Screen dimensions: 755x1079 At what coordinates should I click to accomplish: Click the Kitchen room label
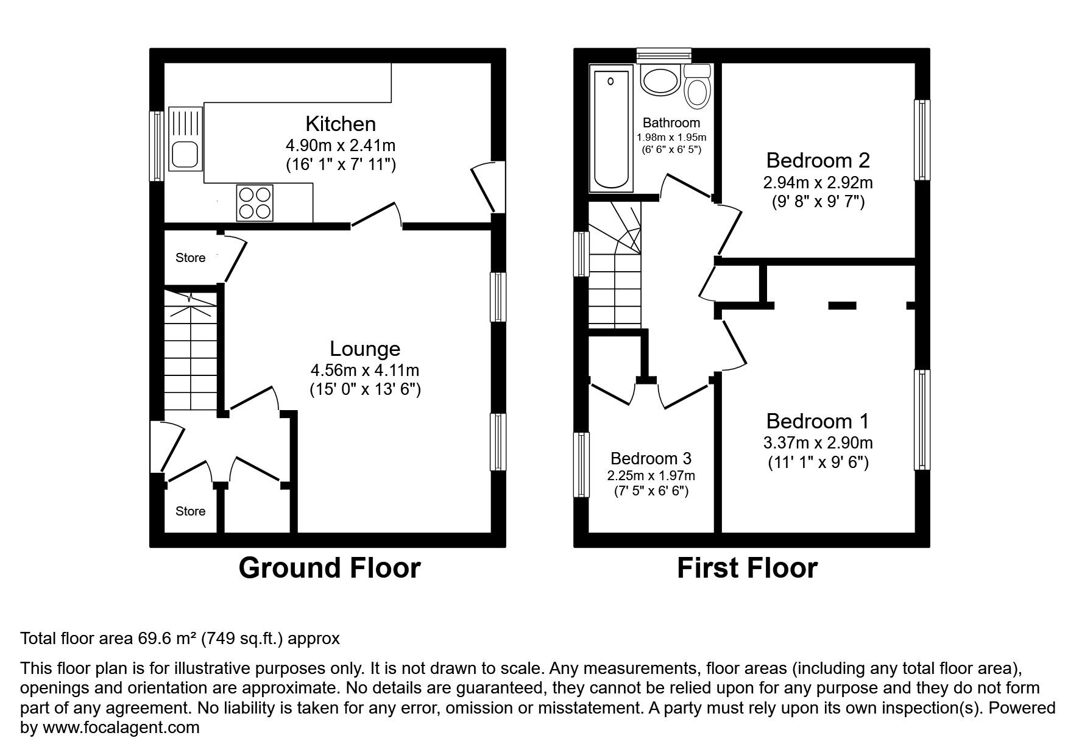click(x=340, y=124)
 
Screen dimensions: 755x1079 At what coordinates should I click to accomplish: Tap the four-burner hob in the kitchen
click(x=255, y=202)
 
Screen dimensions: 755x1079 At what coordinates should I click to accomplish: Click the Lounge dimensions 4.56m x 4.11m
click(x=364, y=370)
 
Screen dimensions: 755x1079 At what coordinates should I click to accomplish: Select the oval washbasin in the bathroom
click(x=660, y=80)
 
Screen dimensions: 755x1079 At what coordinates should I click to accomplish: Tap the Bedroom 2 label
click(x=818, y=160)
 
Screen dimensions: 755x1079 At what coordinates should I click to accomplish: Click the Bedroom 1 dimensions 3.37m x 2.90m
click(x=818, y=442)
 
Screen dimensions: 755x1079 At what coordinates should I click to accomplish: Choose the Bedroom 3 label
click(x=651, y=458)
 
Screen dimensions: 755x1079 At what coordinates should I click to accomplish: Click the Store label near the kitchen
click(x=190, y=258)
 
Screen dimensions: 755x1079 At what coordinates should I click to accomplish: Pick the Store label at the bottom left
click(x=190, y=511)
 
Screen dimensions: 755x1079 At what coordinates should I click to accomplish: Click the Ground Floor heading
click(x=329, y=568)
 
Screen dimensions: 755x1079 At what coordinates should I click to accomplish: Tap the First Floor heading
click(x=747, y=568)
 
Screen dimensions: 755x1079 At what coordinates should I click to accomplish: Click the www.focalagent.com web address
click(x=120, y=728)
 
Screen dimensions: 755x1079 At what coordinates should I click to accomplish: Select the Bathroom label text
click(x=671, y=122)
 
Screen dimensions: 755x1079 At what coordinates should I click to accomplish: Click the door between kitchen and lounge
click(x=376, y=216)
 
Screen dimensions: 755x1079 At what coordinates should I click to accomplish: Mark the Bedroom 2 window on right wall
click(x=922, y=140)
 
